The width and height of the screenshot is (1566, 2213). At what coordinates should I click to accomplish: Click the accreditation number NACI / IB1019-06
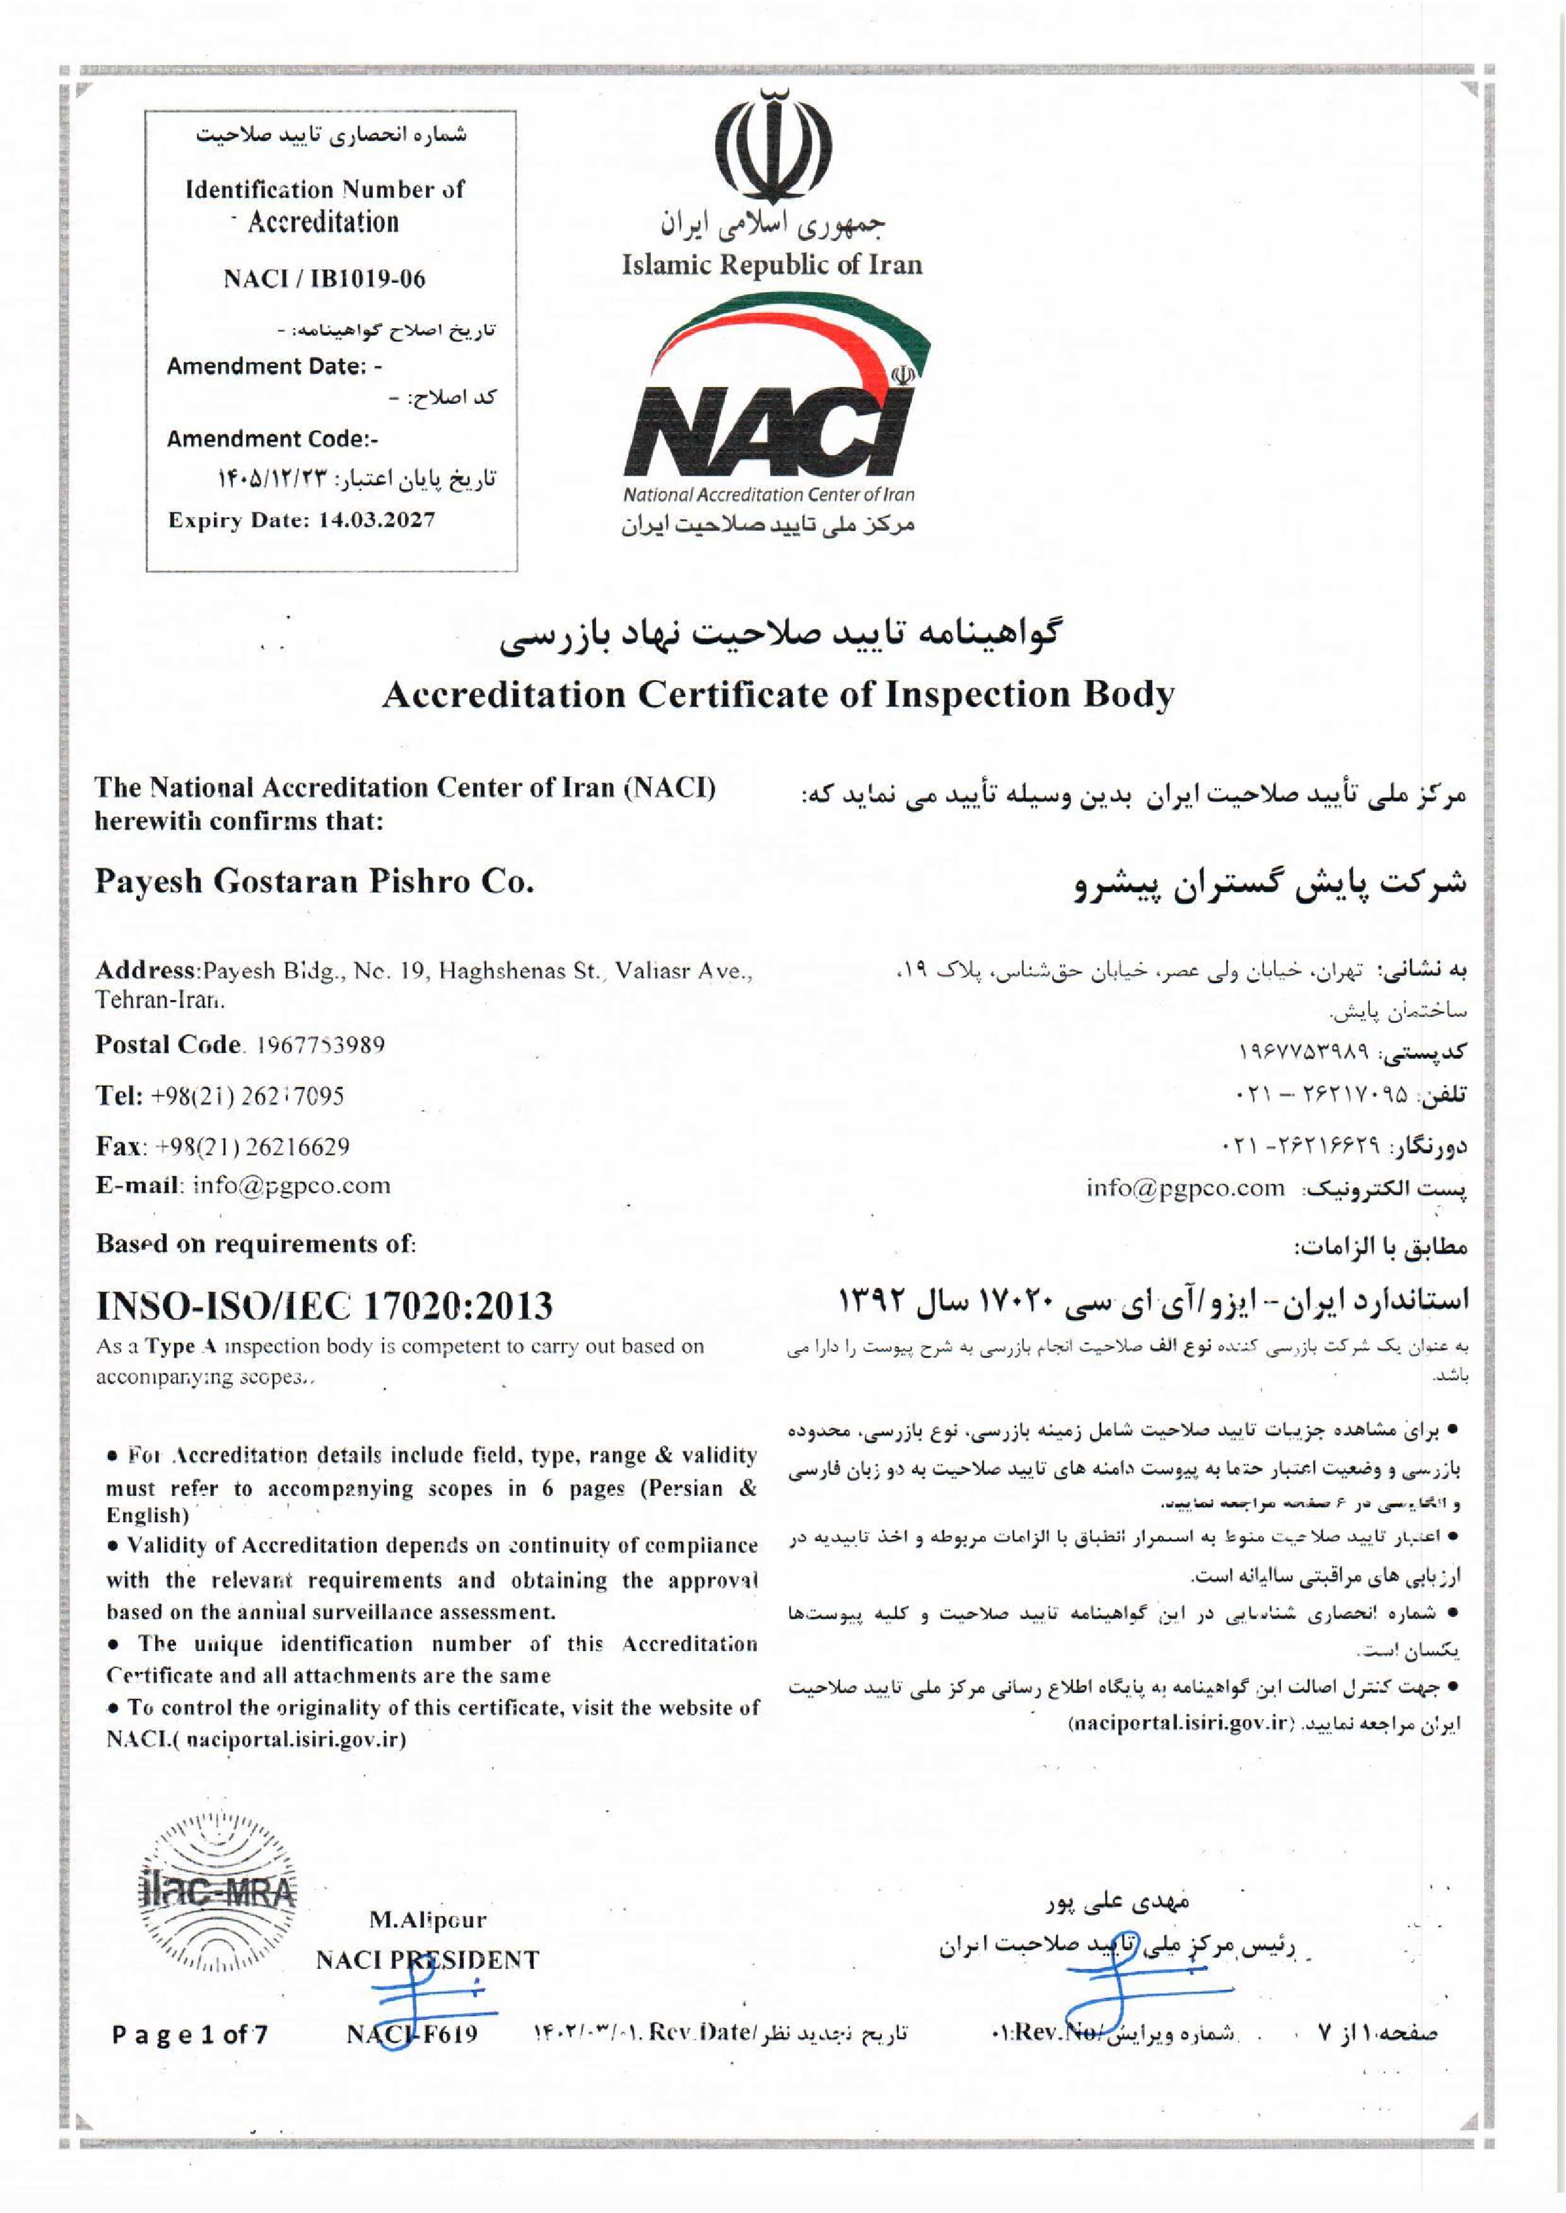(324, 279)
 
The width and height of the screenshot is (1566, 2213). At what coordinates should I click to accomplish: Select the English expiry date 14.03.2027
(376, 520)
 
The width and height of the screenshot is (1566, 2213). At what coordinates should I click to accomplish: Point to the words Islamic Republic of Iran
(771, 264)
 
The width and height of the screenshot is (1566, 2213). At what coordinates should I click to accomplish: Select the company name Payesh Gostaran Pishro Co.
(314, 881)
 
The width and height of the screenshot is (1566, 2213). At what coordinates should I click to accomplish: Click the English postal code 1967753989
(320, 1045)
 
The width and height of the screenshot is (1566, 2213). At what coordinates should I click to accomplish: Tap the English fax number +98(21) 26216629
(253, 1146)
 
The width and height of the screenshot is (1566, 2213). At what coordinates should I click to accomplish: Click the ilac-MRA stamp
(219, 1896)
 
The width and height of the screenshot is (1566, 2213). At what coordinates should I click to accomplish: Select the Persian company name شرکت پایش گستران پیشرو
(1270, 883)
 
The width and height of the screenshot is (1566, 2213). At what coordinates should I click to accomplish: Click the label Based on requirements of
(255, 1244)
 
